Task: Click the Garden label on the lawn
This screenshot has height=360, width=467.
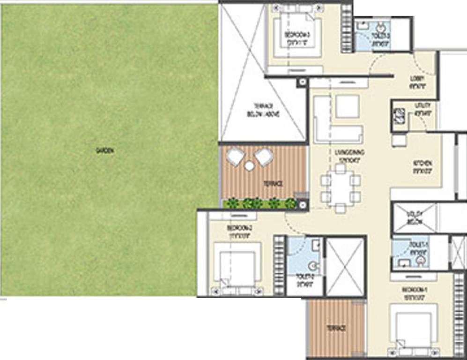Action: click(x=105, y=150)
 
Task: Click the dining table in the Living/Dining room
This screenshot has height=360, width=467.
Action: click(x=341, y=187)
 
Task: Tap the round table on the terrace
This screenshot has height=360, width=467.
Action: click(x=249, y=165)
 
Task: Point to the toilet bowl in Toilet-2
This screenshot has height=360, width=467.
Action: click(x=314, y=266)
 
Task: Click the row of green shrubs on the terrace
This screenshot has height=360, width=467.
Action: click(x=260, y=203)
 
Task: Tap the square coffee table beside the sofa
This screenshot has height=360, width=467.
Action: click(x=347, y=106)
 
